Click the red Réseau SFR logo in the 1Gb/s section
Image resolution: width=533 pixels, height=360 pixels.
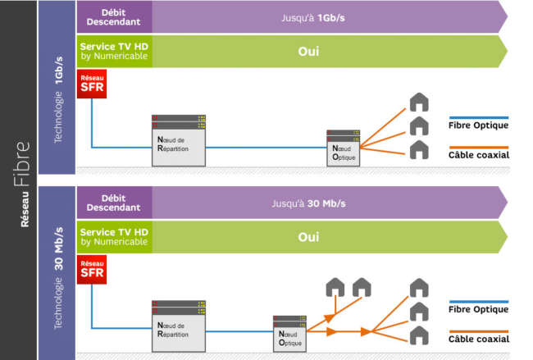click(92, 84)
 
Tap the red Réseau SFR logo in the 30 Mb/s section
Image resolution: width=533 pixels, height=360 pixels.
click(92, 269)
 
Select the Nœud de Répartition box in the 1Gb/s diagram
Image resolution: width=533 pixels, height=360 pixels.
click(179, 140)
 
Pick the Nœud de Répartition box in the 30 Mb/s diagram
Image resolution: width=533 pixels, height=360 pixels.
click(179, 326)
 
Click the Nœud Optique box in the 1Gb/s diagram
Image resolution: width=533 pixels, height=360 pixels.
click(343, 148)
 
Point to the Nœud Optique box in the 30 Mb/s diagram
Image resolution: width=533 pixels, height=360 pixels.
click(289, 334)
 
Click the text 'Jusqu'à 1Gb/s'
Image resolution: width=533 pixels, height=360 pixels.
click(312, 18)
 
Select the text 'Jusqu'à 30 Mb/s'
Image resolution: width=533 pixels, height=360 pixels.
click(308, 203)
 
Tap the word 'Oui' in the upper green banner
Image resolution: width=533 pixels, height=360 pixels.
click(308, 52)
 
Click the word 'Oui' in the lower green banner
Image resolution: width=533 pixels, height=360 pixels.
click(308, 237)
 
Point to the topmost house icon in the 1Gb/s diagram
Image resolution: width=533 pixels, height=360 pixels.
click(419, 102)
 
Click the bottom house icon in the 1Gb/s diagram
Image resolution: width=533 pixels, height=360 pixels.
click(419, 149)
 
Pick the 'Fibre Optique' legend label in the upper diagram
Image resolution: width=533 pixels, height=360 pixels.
click(478, 125)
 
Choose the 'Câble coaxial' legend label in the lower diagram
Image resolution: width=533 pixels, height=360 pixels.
click(479, 339)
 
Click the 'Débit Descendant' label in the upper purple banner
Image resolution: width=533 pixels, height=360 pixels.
click(113, 17)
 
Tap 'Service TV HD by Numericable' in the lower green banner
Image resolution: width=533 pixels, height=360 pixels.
click(114, 237)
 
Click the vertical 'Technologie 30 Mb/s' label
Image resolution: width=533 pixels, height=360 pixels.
click(58, 278)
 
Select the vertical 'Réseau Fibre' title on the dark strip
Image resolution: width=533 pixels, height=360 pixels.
click(22, 184)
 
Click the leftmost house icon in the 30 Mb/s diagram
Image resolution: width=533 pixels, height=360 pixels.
click(335, 287)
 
